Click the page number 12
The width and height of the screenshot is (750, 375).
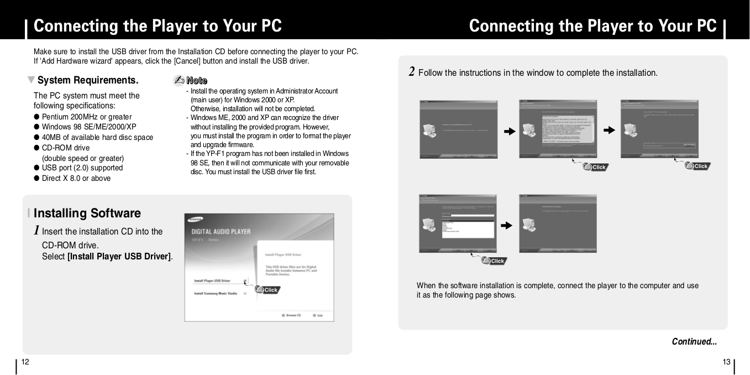24,362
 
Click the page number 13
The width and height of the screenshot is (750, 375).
726,362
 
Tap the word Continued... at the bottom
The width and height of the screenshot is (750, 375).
694,342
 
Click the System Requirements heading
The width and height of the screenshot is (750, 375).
87,80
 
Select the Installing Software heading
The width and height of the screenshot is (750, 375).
87,213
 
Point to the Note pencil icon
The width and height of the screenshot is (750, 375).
179,81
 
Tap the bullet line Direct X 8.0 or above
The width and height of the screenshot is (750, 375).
76,178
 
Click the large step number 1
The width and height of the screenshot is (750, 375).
36,230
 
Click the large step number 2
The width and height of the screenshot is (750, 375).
412,72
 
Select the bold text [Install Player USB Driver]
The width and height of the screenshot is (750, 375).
119,256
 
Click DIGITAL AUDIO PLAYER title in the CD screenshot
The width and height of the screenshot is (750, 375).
221,231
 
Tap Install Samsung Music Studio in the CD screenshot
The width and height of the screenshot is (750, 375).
215,294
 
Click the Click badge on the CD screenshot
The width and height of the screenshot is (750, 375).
268,290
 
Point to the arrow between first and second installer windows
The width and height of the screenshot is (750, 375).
509,132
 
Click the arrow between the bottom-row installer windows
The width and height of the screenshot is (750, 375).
506,226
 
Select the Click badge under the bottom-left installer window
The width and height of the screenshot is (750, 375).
494,261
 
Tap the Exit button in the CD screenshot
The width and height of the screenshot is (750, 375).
317,315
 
